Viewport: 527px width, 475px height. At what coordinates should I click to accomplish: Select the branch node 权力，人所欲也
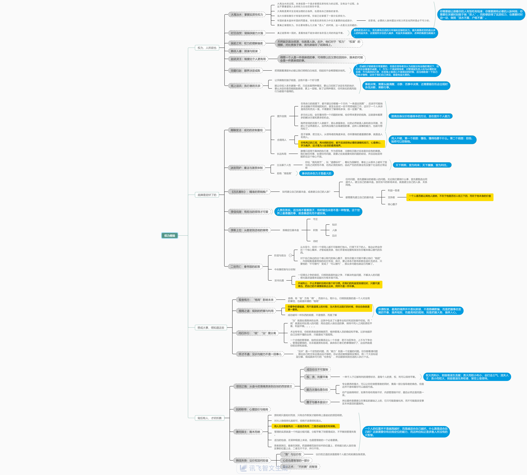207,48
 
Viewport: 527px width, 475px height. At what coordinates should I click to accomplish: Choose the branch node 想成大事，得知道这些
211,328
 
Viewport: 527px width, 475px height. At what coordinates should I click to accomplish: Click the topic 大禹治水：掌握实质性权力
247,15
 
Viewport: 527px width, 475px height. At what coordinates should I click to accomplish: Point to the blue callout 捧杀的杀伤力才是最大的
316,173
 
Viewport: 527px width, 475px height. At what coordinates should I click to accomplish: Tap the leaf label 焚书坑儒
279,281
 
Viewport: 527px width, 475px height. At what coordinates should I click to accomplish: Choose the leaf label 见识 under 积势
334,236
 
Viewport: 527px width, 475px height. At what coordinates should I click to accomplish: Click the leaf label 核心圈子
392,204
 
